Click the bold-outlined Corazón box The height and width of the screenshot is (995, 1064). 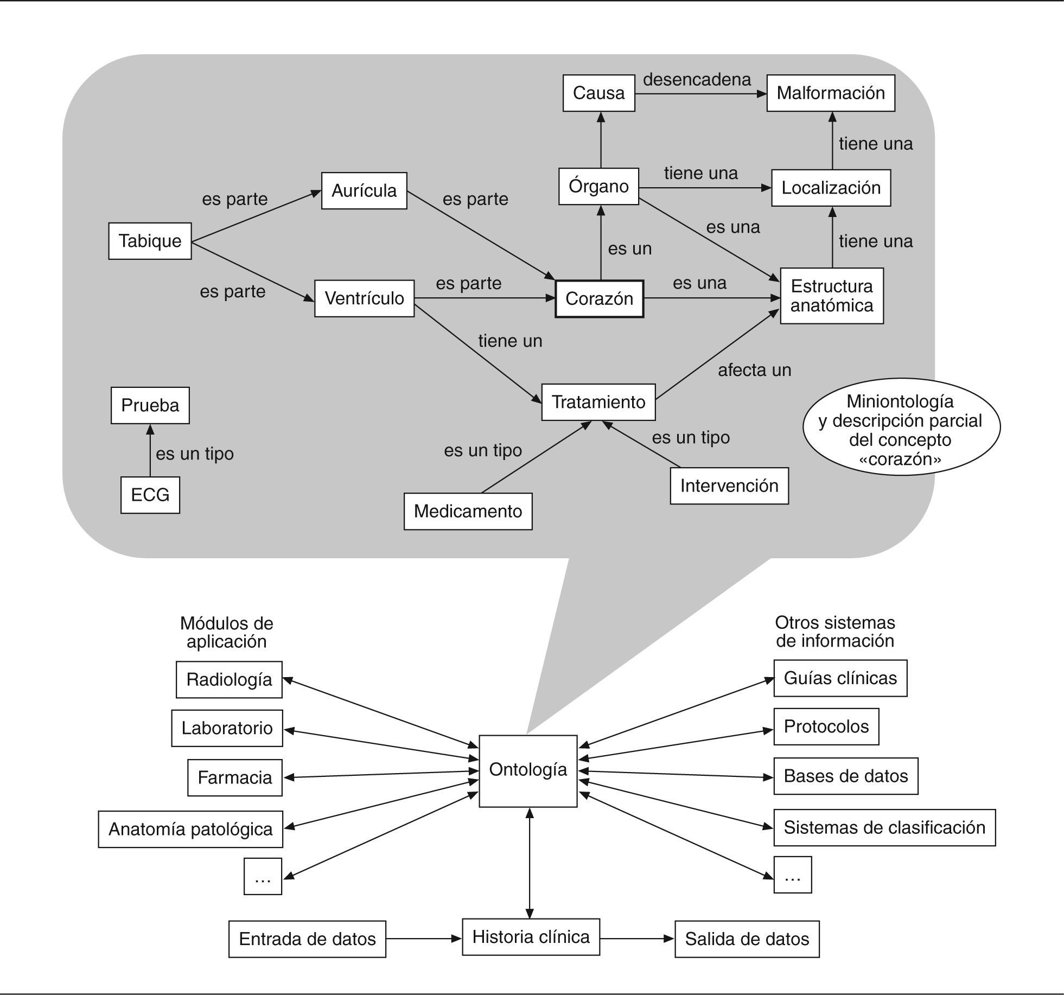coord(599,298)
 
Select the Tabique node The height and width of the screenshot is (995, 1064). coord(150,241)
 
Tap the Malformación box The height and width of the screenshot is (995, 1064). coord(831,93)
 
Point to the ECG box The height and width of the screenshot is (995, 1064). coord(150,495)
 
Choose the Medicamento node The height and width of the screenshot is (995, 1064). coord(468,511)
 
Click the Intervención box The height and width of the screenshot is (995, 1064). coord(729,486)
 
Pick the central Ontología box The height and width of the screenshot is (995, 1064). coord(528,771)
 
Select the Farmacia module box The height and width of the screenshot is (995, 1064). coord(235,777)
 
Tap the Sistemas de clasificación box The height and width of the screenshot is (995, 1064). coord(884,827)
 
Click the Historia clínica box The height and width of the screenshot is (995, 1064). coord(531,937)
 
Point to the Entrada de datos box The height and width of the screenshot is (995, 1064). coord(307,939)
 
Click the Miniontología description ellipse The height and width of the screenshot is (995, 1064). coord(901,430)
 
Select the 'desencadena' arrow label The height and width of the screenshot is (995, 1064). coord(697,80)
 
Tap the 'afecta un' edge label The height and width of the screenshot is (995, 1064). coord(755,370)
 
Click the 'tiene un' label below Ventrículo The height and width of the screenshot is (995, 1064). coord(510,341)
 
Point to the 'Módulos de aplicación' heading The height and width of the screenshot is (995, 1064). coord(226,632)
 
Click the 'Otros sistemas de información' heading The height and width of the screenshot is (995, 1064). coord(835,632)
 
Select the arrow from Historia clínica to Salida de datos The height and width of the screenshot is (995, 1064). coord(638,939)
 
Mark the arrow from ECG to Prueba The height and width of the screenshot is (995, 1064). coord(150,450)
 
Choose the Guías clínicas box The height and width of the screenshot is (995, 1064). coord(840,678)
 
